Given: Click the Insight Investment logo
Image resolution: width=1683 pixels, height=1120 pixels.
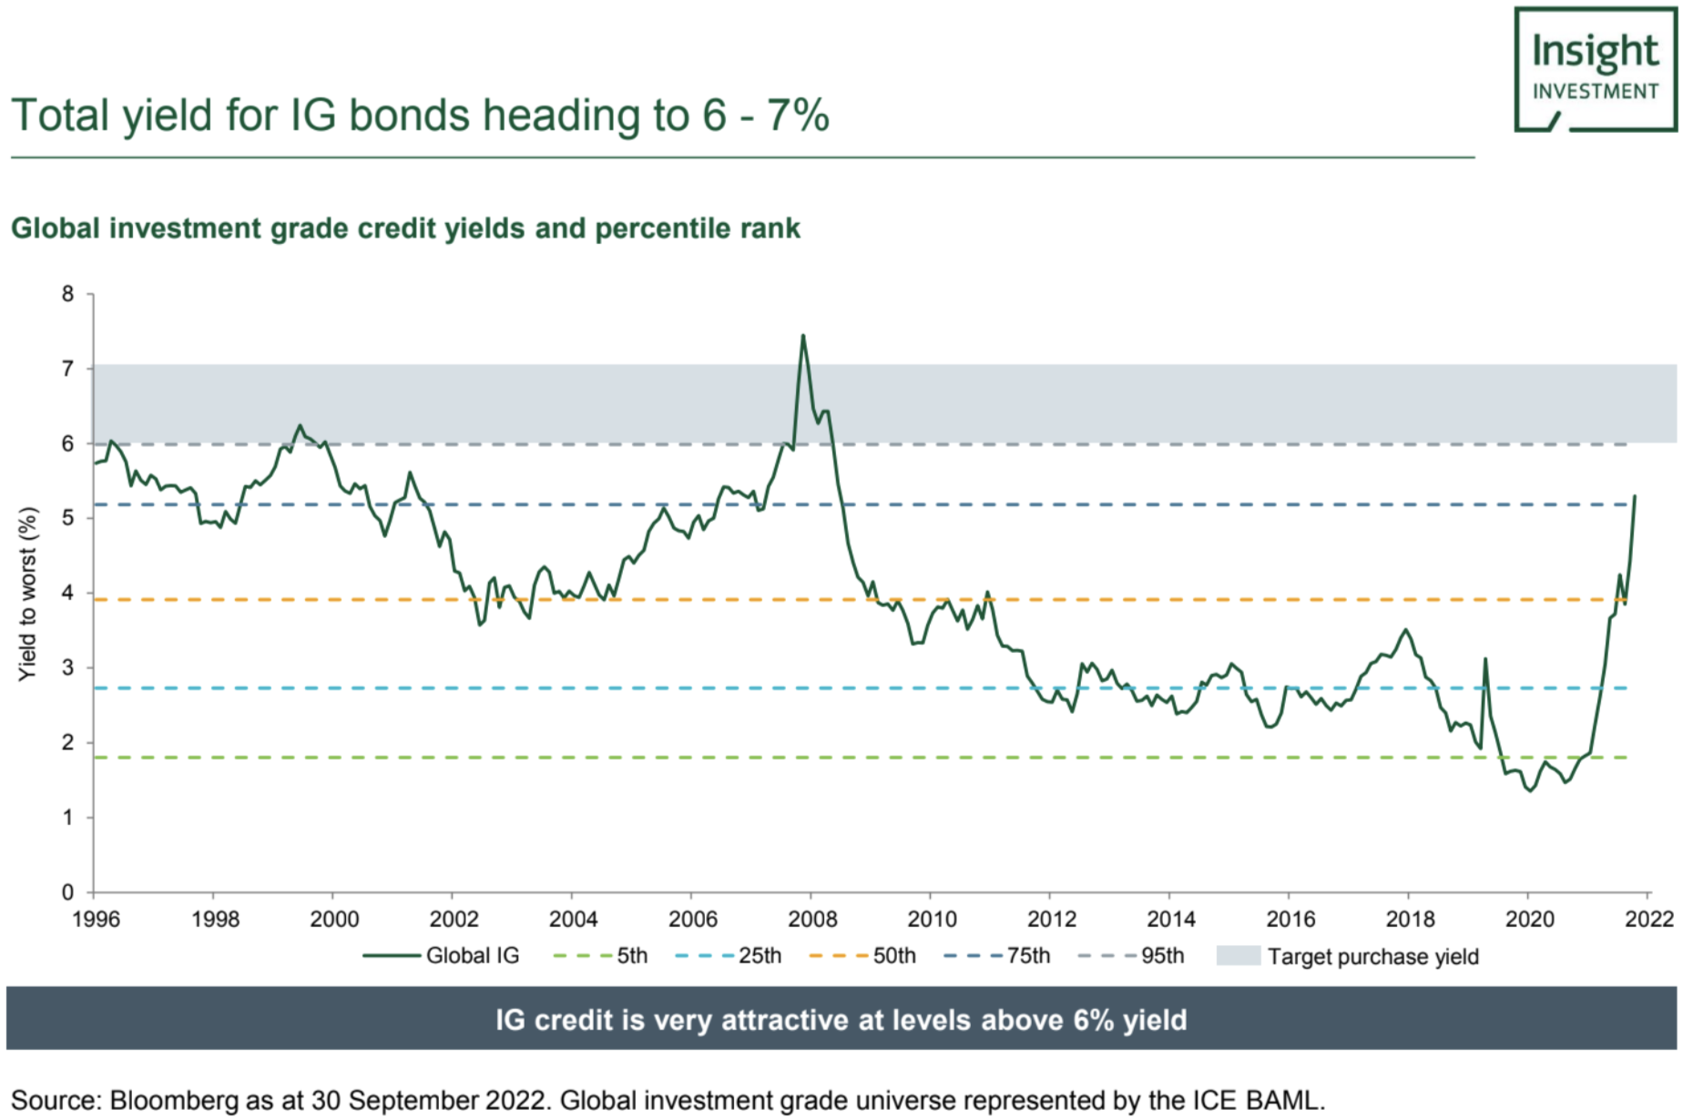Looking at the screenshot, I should coord(1595,70).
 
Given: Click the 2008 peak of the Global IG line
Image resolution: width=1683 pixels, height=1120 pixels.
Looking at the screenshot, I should coord(802,336).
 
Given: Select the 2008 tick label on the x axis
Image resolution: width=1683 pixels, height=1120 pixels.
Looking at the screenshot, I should coord(812,919).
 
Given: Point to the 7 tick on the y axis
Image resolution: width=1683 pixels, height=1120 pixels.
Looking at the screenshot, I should coord(67,369).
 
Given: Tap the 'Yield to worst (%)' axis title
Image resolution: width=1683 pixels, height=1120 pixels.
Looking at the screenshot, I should coord(28,594).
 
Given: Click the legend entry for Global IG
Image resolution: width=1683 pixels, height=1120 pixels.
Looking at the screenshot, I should coord(442,956).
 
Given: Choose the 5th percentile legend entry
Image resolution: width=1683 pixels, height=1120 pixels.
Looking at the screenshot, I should coord(601,956).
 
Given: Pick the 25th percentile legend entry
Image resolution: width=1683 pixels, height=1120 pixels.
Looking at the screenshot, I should coord(729,956).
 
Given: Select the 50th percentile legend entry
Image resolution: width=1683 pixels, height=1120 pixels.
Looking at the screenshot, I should coord(862,956).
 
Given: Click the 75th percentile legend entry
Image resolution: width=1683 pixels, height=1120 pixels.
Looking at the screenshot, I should coord(997,956).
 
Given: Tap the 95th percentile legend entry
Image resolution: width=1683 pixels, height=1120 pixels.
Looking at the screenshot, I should coord(1131,956).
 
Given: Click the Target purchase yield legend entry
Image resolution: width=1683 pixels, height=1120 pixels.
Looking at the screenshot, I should coord(1348,956).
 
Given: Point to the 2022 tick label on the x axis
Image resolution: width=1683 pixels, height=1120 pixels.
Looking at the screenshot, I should coord(1649,919).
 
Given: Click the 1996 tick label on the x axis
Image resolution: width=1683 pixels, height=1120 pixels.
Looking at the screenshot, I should coord(96,919).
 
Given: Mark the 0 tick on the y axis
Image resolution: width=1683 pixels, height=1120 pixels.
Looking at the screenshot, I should coord(67,892).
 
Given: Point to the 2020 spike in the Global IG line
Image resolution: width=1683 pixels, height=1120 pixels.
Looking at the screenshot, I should coord(1484,658).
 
